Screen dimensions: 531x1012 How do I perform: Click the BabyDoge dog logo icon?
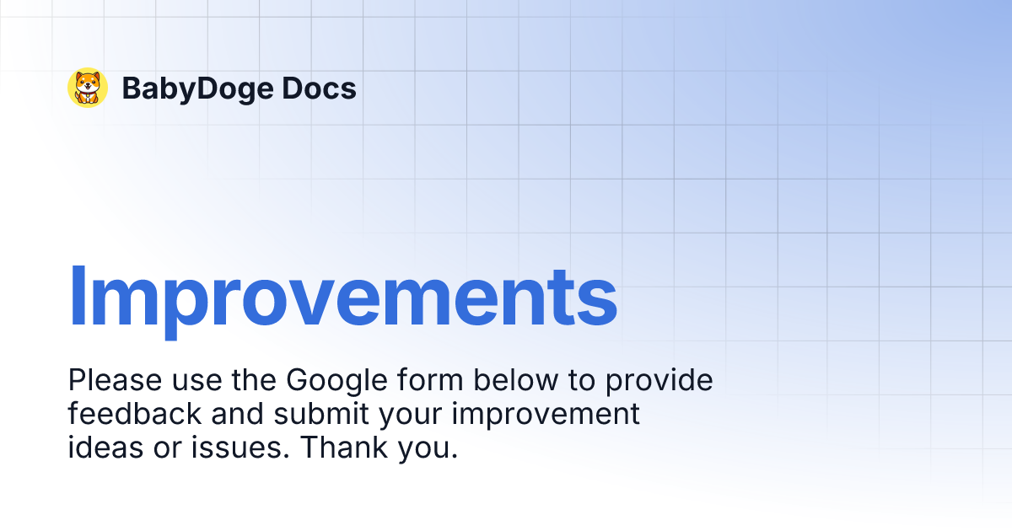(88, 88)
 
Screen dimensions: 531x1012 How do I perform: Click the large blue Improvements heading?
(342, 297)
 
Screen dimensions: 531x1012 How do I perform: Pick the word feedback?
(135, 414)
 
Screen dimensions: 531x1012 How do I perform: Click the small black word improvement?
(556, 414)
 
